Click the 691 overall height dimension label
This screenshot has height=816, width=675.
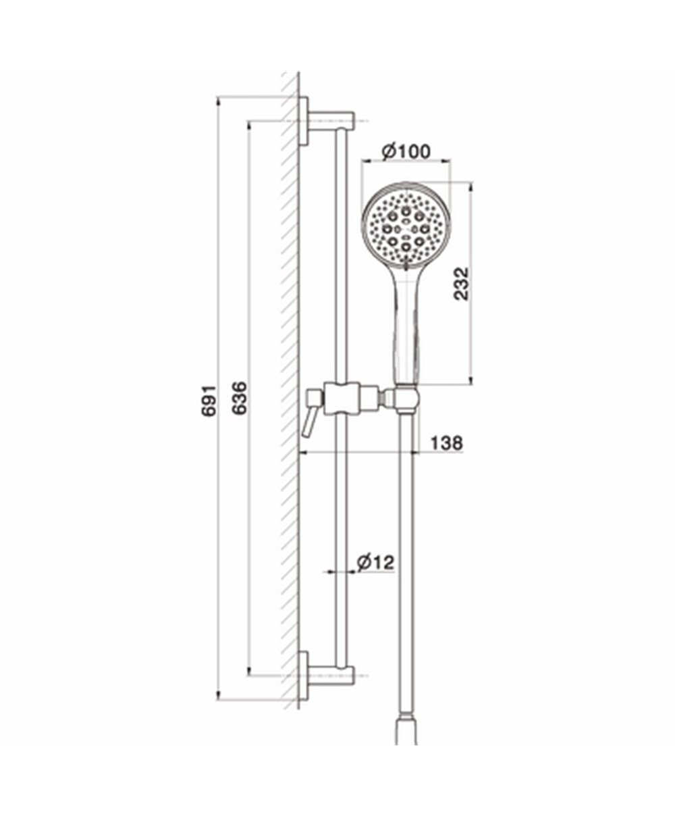(x=209, y=401)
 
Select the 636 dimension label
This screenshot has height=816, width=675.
(x=240, y=398)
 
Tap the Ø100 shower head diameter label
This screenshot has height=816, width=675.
(x=406, y=151)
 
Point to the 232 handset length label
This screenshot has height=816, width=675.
(x=461, y=283)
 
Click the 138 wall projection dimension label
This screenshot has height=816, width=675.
(x=447, y=443)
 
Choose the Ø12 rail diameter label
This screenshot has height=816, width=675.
(x=375, y=563)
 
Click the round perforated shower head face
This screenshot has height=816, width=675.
(x=406, y=227)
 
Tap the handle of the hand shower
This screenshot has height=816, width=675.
(x=406, y=328)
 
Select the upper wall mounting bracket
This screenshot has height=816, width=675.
(x=327, y=121)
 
